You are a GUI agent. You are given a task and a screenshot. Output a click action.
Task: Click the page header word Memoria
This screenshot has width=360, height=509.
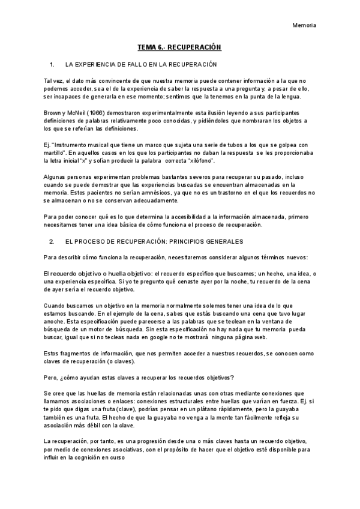pos(304,25)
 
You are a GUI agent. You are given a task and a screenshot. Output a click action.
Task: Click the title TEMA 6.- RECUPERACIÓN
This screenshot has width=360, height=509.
pos(179,46)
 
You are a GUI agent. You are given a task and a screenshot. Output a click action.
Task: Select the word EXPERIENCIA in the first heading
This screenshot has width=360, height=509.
pos(99,64)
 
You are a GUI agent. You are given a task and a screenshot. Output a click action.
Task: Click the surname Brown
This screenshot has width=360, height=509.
pos(54,113)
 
